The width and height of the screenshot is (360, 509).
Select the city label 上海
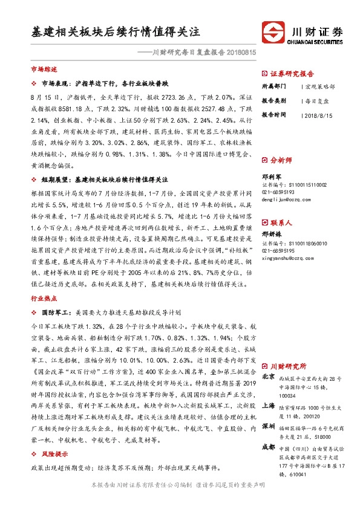point(268,407)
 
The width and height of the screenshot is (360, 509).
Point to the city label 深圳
point(268,427)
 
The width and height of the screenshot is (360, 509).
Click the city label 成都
point(268,447)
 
